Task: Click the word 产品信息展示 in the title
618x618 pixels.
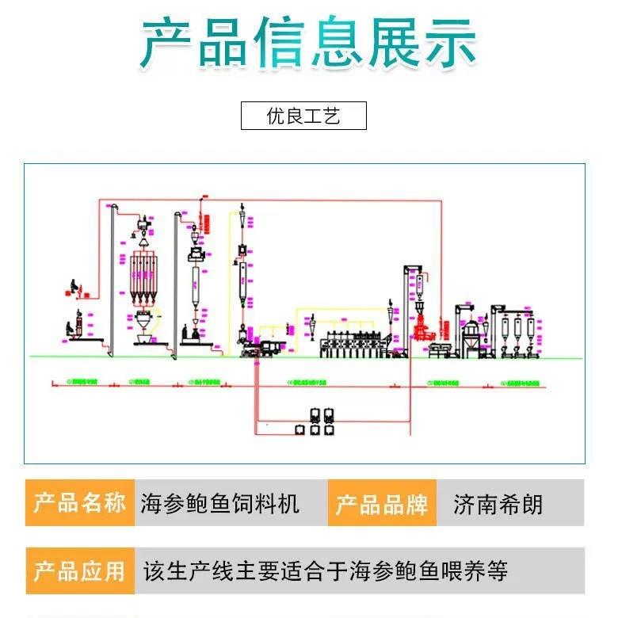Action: (309, 41)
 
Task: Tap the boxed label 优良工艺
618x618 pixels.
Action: (303, 116)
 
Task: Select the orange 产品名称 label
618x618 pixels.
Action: (80, 502)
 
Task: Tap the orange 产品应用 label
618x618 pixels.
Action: (80, 570)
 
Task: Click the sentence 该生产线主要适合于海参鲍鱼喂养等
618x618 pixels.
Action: (325, 570)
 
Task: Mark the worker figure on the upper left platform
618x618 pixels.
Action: (74, 287)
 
